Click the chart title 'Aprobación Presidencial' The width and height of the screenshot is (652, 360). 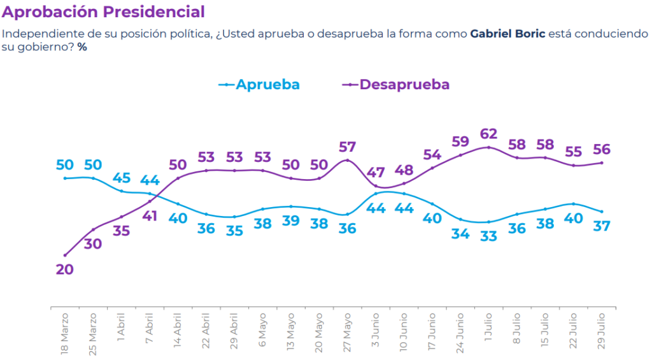[x=103, y=12]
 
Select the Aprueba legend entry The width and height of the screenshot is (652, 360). [x=259, y=85]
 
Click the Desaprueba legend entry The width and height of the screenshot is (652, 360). [x=396, y=85]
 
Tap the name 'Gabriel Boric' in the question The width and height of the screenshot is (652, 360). [x=507, y=34]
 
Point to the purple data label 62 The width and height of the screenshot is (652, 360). [x=488, y=134]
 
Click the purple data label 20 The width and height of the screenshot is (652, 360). [x=64, y=270]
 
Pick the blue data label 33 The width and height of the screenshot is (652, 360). [x=488, y=236]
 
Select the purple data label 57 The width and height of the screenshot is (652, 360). [x=347, y=147]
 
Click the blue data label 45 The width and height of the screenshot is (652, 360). [x=121, y=178]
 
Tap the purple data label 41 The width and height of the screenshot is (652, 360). [x=150, y=216]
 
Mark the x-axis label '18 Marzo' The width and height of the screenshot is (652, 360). [x=64, y=335]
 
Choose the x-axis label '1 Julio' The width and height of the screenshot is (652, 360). [x=488, y=328]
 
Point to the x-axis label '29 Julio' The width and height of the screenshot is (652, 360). [x=601, y=331]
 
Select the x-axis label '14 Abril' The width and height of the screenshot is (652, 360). [x=178, y=331]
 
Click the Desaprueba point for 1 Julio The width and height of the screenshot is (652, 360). [x=488, y=147]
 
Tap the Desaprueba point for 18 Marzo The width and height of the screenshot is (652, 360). [x=65, y=255]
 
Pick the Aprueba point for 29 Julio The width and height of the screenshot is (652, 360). [x=601, y=212]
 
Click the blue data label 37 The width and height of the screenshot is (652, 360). [x=601, y=226]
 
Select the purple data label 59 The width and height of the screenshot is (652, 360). [x=460, y=141]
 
